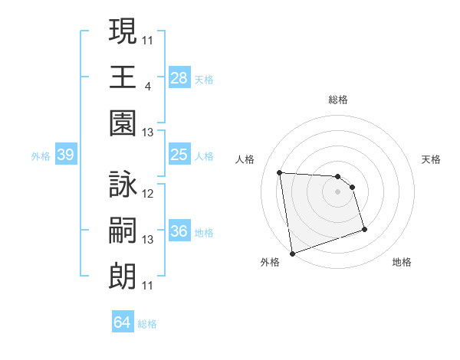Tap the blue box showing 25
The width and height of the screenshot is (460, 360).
coord(179,155)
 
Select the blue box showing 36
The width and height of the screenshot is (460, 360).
coord(179,232)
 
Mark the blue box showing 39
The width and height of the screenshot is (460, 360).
coord(65,155)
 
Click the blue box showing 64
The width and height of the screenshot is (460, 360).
coord(123,323)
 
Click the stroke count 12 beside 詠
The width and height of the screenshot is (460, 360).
coord(148,194)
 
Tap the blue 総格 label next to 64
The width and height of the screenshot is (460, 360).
coord(147,324)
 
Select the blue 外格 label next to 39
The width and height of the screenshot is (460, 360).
coord(41,156)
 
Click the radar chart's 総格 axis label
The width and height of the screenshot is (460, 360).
coord(337,100)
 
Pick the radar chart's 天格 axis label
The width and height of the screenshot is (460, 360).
coord(432,159)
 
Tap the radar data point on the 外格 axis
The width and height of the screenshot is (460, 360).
coord(292,253)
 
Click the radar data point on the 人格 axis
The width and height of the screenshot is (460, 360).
coord(280,172)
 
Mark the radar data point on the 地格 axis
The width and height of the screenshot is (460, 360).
coord(364,229)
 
